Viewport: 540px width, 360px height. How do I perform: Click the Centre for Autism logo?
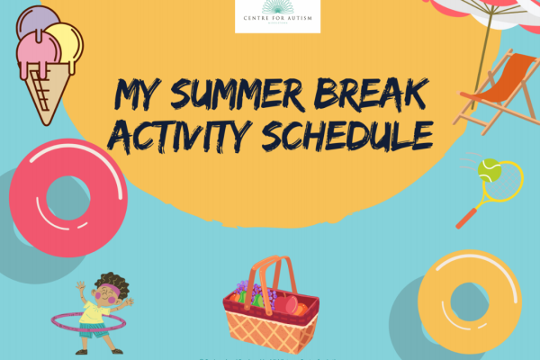(277, 16)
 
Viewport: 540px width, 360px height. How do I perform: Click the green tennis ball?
(490, 166)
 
